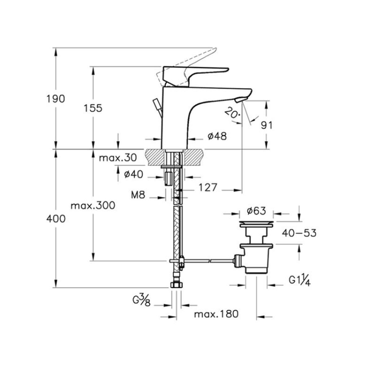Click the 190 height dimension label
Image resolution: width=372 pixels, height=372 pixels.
pyautogui.click(x=56, y=99)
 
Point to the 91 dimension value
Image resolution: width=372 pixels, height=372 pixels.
pyautogui.click(x=267, y=126)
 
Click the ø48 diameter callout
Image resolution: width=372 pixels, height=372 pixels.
pyautogui.click(x=217, y=136)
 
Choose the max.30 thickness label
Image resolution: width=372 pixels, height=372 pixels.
pyautogui.click(x=118, y=158)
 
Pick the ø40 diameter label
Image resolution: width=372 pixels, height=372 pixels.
pyautogui.click(x=134, y=175)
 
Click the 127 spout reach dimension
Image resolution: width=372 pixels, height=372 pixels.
pyautogui.click(x=208, y=188)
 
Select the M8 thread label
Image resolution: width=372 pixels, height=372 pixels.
pyautogui.click(x=138, y=195)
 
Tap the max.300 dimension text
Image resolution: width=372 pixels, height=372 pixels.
pyautogui.click(x=93, y=206)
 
